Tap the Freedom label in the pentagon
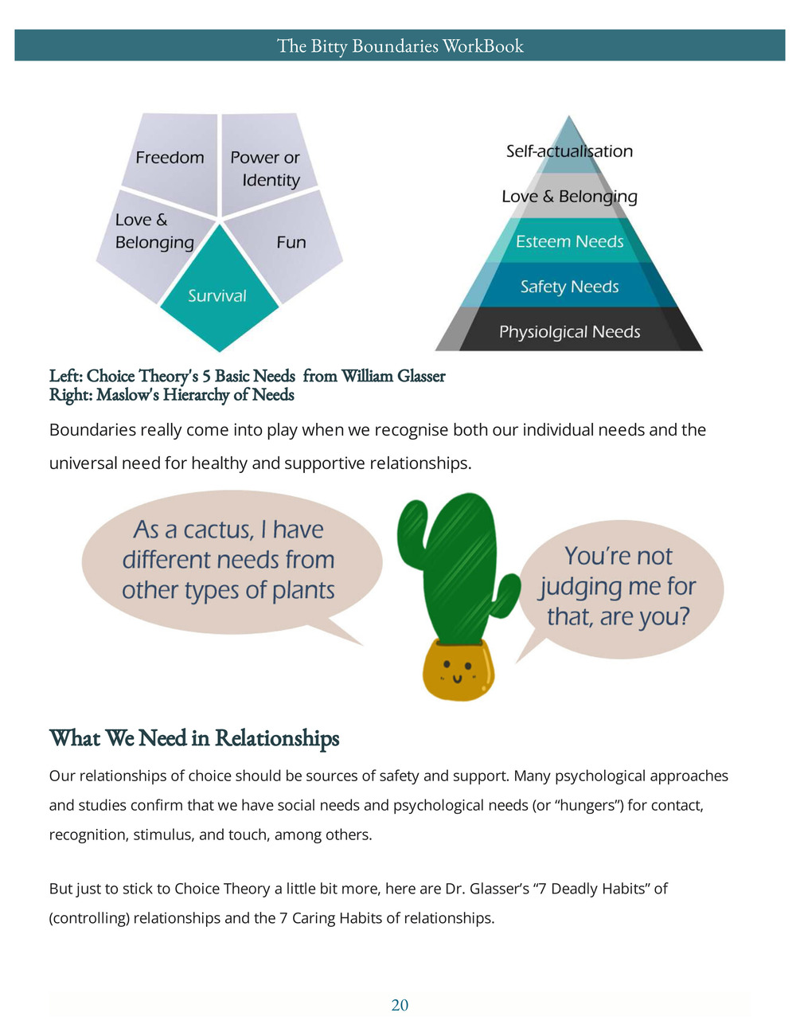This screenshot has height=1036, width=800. tap(170, 158)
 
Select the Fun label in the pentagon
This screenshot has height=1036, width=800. tap(291, 242)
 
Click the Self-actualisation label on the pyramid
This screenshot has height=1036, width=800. tap(569, 151)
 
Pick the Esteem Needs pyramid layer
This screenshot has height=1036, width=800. tap(569, 240)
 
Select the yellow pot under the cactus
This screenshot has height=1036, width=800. tap(459, 670)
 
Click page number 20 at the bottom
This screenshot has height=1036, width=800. tap(400, 1005)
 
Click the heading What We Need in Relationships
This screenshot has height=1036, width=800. tap(194, 738)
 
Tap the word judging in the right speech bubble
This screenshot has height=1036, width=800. tap(581, 588)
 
